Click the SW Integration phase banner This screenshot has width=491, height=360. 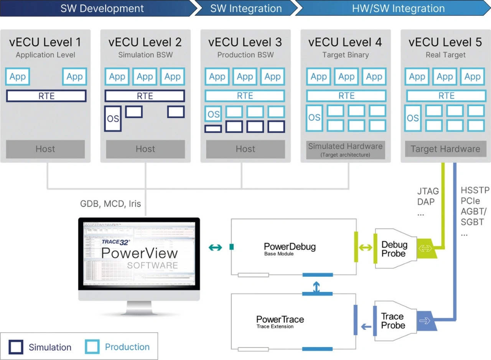pyautogui.click(x=245, y=8)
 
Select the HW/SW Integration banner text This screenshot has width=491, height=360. pyautogui.click(x=398, y=8)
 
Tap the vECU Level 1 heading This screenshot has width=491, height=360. pyautogui.click(x=45, y=42)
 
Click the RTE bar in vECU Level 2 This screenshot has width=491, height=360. pyautogui.click(x=145, y=96)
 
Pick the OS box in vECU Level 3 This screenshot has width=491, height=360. pyautogui.click(x=214, y=114)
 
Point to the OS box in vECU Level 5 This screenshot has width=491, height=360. pyautogui.click(x=413, y=118)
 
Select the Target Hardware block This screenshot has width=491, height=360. pyautogui.click(x=445, y=149)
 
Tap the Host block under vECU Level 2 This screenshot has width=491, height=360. pyautogui.click(x=145, y=149)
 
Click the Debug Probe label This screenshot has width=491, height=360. pyautogui.click(x=394, y=249)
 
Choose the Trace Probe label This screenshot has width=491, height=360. pyautogui.click(x=392, y=321)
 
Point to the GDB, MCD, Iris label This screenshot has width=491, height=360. pyautogui.click(x=110, y=204)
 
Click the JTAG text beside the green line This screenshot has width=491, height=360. pyautogui.click(x=428, y=191)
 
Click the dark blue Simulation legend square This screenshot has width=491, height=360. pyautogui.click(x=16, y=347)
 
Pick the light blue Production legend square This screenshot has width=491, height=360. pyautogui.click(x=92, y=347)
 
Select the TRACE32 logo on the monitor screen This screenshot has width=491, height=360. pyautogui.click(x=116, y=242)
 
